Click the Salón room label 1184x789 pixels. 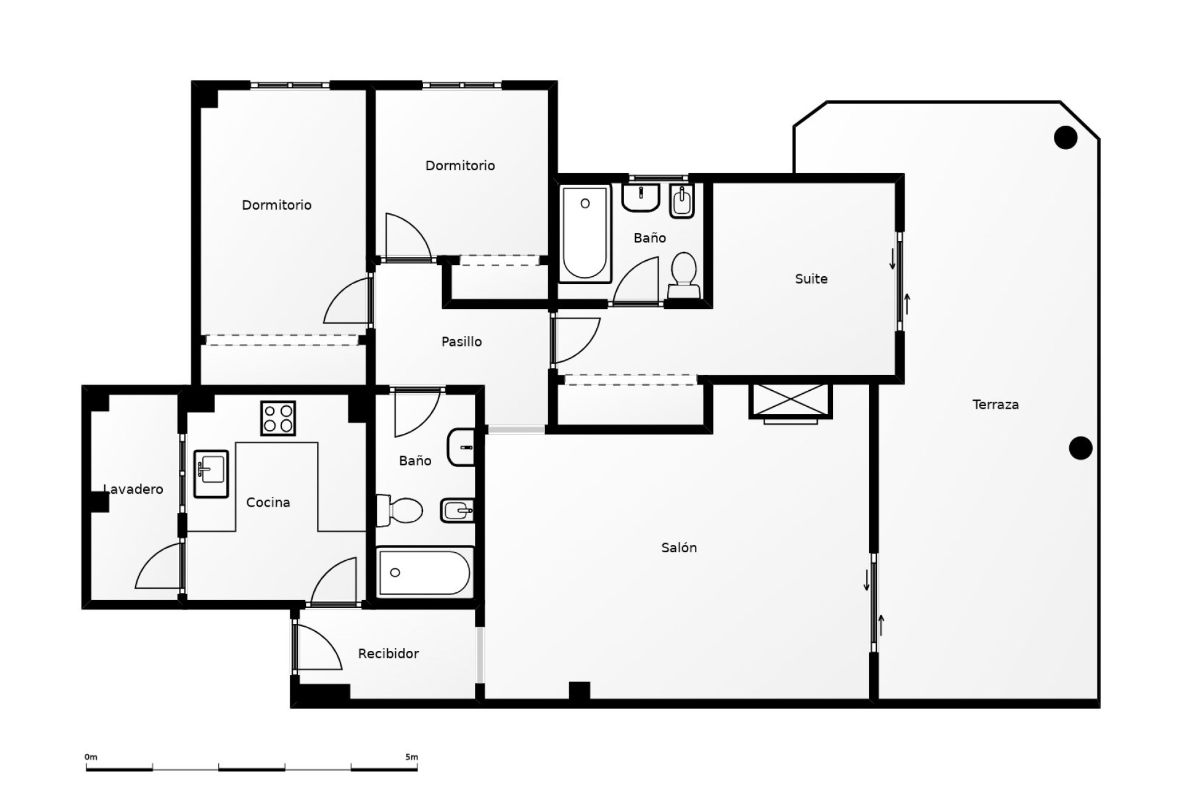pos(679,547)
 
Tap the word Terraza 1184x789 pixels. pos(995,405)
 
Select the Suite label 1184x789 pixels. pos(811,279)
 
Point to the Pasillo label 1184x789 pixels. pos(461,341)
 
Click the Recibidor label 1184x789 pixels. pos(388,653)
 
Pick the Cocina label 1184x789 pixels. pos(268,502)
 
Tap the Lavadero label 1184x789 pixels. pos(133,489)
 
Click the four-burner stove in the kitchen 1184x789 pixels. pos(278,418)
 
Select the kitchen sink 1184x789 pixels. pos(211,473)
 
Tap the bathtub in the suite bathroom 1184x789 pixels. pos(585,233)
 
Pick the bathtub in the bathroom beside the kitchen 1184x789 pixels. pos(425,572)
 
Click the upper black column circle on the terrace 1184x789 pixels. pos(1066,137)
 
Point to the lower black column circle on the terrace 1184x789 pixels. pos(1080,448)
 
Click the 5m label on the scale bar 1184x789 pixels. pos(411,757)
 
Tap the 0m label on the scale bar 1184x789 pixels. pos(91,757)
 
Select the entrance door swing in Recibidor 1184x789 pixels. pos(319,647)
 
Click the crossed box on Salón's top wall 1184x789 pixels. pos(790,401)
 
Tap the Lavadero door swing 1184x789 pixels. pos(158,565)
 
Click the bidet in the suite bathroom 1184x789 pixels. pos(682,202)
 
